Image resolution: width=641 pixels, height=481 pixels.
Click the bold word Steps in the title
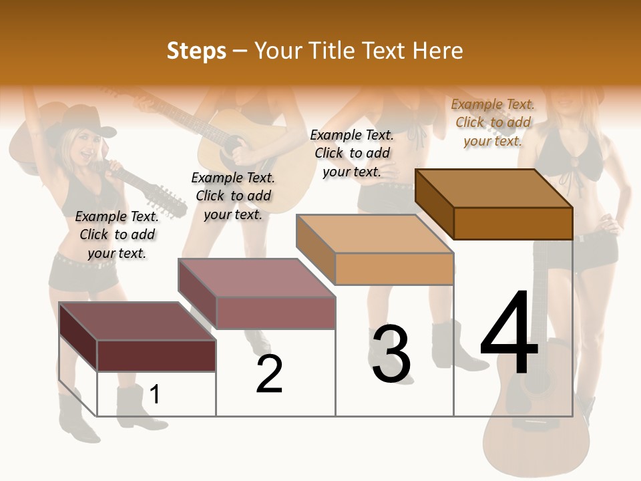196,51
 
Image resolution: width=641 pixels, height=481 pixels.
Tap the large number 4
509,333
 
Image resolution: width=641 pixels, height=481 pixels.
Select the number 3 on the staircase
391,354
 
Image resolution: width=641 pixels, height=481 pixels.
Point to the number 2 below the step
270,373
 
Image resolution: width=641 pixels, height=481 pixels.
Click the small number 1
155,394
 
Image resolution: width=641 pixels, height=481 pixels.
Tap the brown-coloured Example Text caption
493,122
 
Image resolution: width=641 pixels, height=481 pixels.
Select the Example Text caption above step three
352,153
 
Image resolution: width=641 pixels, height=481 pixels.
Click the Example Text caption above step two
233,196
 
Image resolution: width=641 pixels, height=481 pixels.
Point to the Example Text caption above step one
117,234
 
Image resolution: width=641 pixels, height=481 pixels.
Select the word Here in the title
438,51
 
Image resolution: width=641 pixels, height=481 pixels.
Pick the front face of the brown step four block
513,223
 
